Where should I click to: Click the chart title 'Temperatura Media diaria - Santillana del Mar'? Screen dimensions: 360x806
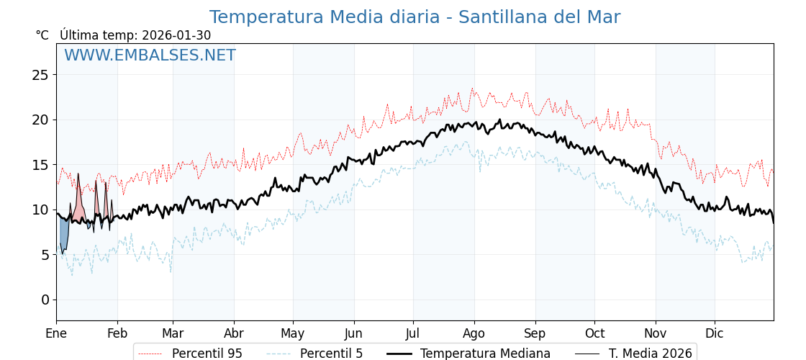click(x=415, y=17)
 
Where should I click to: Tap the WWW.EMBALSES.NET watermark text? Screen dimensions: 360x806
click(x=150, y=55)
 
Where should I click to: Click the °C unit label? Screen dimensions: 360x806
click(x=42, y=35)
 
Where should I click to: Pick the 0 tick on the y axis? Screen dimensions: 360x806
click(x=45, y=300)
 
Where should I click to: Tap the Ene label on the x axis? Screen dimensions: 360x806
click(x=56, y=333)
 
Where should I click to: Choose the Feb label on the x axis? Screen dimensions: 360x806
click(x=117, y=333)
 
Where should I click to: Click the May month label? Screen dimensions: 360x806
click(x=293, y=333)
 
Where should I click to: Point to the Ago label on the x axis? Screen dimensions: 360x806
click(x=474, y=333)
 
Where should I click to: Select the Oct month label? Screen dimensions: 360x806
click(x=594, y=333)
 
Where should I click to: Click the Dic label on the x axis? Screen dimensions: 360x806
click(x=715, y=333)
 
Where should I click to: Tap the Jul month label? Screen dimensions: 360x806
click(x=413, y=333)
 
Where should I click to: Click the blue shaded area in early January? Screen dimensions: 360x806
click(x=64, y=234)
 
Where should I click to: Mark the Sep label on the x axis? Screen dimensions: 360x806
click(x=535, y=333)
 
